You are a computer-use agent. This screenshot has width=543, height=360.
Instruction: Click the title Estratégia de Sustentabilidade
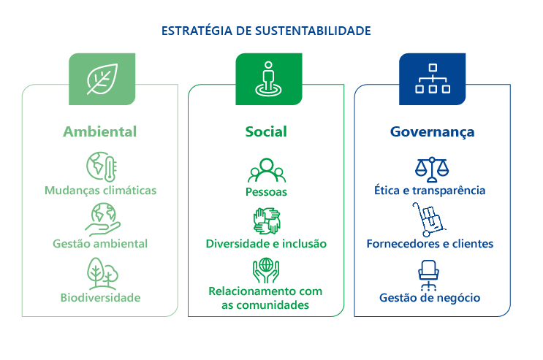point(266,31)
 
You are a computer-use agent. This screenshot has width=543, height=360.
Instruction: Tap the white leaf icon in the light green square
point(102,79)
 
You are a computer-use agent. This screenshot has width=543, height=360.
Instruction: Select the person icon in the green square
point(268,79)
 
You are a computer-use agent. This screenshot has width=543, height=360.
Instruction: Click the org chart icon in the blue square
point(433,79)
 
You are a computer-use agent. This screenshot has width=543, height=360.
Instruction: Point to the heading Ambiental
point(99,131)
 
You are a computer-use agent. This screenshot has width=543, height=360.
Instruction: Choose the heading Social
point(266,131)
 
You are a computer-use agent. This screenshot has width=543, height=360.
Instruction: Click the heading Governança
point(432,132)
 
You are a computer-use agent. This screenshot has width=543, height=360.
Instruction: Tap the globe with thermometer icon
point(102,166)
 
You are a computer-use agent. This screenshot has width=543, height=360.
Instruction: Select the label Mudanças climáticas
point(100,191)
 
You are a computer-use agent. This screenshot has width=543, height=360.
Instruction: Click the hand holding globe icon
point(102,220)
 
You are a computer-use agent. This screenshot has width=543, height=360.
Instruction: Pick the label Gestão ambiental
point(100,244)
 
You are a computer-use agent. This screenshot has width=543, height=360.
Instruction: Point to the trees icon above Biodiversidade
point(102,273)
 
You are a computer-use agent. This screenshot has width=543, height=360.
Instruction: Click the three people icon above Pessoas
point(267,170)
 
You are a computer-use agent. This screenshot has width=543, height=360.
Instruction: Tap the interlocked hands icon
point(267,221)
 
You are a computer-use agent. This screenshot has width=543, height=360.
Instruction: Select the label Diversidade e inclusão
point(266,244)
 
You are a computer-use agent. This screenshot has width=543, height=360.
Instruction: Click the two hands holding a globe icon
point(266,270)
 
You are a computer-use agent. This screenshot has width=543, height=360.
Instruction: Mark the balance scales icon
point(432,169)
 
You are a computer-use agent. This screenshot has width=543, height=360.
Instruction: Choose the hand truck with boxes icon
point(429,220)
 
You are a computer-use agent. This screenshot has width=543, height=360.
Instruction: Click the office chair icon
point(429,275)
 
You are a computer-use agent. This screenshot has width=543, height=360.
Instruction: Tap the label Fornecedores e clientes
point(430,244)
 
